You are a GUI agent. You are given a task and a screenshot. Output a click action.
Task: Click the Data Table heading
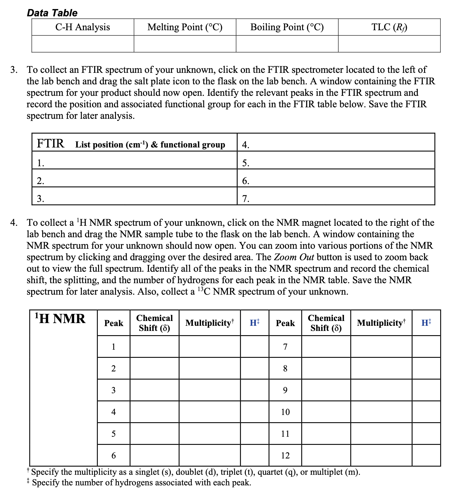(52, 13)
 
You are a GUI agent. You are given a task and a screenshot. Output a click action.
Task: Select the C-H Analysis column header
(82, 27)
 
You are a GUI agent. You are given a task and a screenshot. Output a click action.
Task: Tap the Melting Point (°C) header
(185, 27)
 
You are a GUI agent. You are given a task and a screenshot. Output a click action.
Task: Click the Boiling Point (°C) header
(287, 27)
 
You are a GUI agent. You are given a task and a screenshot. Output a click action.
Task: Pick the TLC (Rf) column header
(389, 27)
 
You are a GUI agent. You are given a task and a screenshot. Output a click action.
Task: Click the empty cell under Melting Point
(185, 44)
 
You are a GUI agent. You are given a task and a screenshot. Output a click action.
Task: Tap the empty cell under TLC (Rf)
(389, 44)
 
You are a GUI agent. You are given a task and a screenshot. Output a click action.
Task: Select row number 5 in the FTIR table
(246, 163)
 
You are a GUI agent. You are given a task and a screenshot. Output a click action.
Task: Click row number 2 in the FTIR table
(40, 181)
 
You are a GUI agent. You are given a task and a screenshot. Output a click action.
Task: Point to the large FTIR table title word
(50, 143)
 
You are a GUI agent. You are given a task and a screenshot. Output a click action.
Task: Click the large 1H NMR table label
(60, 319)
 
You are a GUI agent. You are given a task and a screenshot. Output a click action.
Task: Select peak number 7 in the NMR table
(285, 347)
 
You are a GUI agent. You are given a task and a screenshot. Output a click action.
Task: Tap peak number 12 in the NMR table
(285, 455)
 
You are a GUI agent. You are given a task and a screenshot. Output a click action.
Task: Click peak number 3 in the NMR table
(114, 390)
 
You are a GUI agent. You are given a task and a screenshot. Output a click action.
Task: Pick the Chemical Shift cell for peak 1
(154, 347)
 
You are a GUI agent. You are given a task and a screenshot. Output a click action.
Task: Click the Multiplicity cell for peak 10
(381, 412)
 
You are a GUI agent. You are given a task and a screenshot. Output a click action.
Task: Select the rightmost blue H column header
(426, 323)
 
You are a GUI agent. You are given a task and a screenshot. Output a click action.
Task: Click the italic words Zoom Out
(293, 257)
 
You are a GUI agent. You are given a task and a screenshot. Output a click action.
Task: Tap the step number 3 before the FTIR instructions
(13, 70)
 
